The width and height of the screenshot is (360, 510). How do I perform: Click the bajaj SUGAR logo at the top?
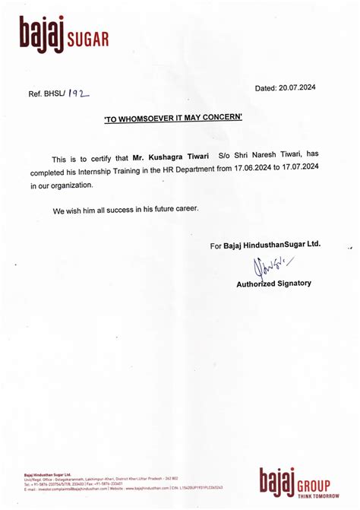tap(64, 35)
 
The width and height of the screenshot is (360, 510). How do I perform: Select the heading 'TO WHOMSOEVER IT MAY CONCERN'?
tap(173, 117)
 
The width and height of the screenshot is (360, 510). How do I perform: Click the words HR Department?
tap(201, 171)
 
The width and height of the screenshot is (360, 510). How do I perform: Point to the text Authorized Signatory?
tap(273, 283)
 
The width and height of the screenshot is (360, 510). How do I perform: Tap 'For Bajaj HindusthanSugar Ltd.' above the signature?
tap(266, 245)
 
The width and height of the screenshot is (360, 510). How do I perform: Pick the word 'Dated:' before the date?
tap(266, 89)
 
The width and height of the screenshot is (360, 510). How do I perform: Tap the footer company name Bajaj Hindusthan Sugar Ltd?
tap(46, 474)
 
